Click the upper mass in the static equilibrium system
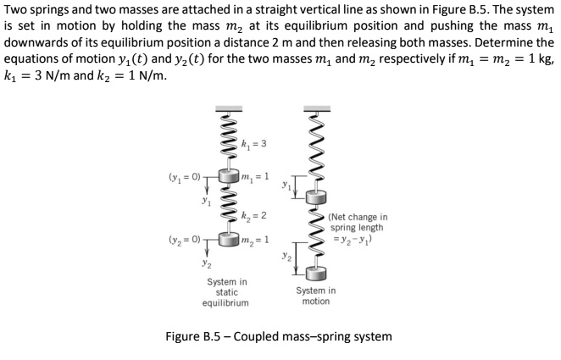click(x=225, y=176)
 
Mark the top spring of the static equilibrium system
click(x=225, y=140)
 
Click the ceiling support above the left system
click(x=225, y=108)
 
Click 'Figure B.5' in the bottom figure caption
click(x=195, y=336)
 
